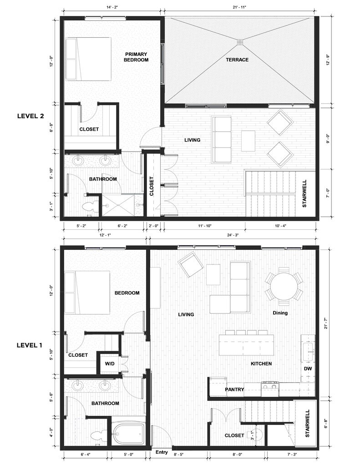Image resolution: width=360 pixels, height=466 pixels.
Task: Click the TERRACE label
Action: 237,60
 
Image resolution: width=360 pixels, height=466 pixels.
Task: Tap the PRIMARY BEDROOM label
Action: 136,57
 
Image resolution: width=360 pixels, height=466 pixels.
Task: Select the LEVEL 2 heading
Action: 30,116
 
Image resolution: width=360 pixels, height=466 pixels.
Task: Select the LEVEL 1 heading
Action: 30,345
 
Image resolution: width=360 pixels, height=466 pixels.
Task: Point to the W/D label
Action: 110,364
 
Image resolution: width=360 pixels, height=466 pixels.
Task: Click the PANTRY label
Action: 234,390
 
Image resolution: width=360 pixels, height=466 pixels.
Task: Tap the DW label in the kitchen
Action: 308,369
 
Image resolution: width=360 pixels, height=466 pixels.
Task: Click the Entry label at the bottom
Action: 162,452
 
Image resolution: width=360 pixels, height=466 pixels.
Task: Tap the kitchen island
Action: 246,345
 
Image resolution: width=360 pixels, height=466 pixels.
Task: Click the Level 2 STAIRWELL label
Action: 304,194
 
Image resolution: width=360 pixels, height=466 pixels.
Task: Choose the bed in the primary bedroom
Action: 88,59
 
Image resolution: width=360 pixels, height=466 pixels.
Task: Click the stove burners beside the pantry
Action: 270,386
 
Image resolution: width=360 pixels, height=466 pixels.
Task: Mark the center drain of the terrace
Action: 240,42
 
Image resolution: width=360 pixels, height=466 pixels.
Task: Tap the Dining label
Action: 280,313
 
